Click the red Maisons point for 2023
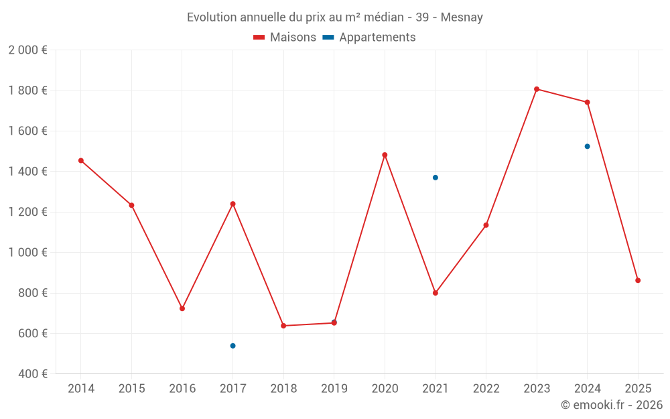[x=537, y=89]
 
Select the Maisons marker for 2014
[x=81, y=161]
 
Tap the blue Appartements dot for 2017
[x=232, y=346]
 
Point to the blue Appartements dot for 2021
[x=435, y=178]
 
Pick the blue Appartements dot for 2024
[x=588, y=146]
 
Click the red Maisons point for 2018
[x=283, y=326]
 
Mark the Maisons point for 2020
[x=385, y=155]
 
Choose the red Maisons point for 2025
[x=638, y=280]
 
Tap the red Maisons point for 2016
[x=182, y=308]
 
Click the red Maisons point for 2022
[x=486, y=225]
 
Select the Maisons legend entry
[x=285, y=38]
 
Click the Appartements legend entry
[x=370, y=38]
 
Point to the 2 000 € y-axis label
[x=27, y=50]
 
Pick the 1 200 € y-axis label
[x=27, y=212]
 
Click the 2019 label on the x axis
[x=334, y=389]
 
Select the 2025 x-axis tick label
[x=638, y=389]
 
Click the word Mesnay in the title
[x=462, y=17]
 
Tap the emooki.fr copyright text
[x=612, y=405]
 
